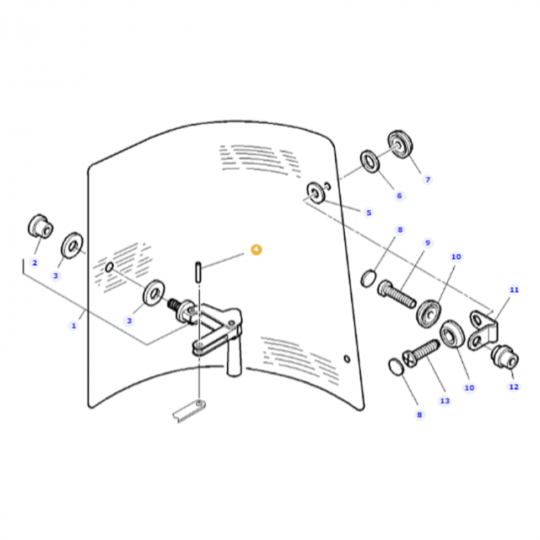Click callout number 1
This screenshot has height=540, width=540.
click(x=74, y=325)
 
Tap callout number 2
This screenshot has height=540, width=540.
click(x=35, y=262)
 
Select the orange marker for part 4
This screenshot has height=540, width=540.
click(x=257, y=249)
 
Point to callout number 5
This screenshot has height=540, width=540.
click(x=368, y=213)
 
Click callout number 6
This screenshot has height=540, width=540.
click(x=399, y=196)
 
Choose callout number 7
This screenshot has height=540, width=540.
click(x=427, y=179)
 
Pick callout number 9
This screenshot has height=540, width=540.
click(x=427, y=243)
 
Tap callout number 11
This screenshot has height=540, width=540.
click(x=514, y=290)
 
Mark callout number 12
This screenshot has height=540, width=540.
click(x=513, y=387)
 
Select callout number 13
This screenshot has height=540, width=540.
click(x=445, y=401)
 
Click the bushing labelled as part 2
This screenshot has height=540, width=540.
click(x=39, y=225)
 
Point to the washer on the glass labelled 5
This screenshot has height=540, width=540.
click(x=316, y=194)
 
